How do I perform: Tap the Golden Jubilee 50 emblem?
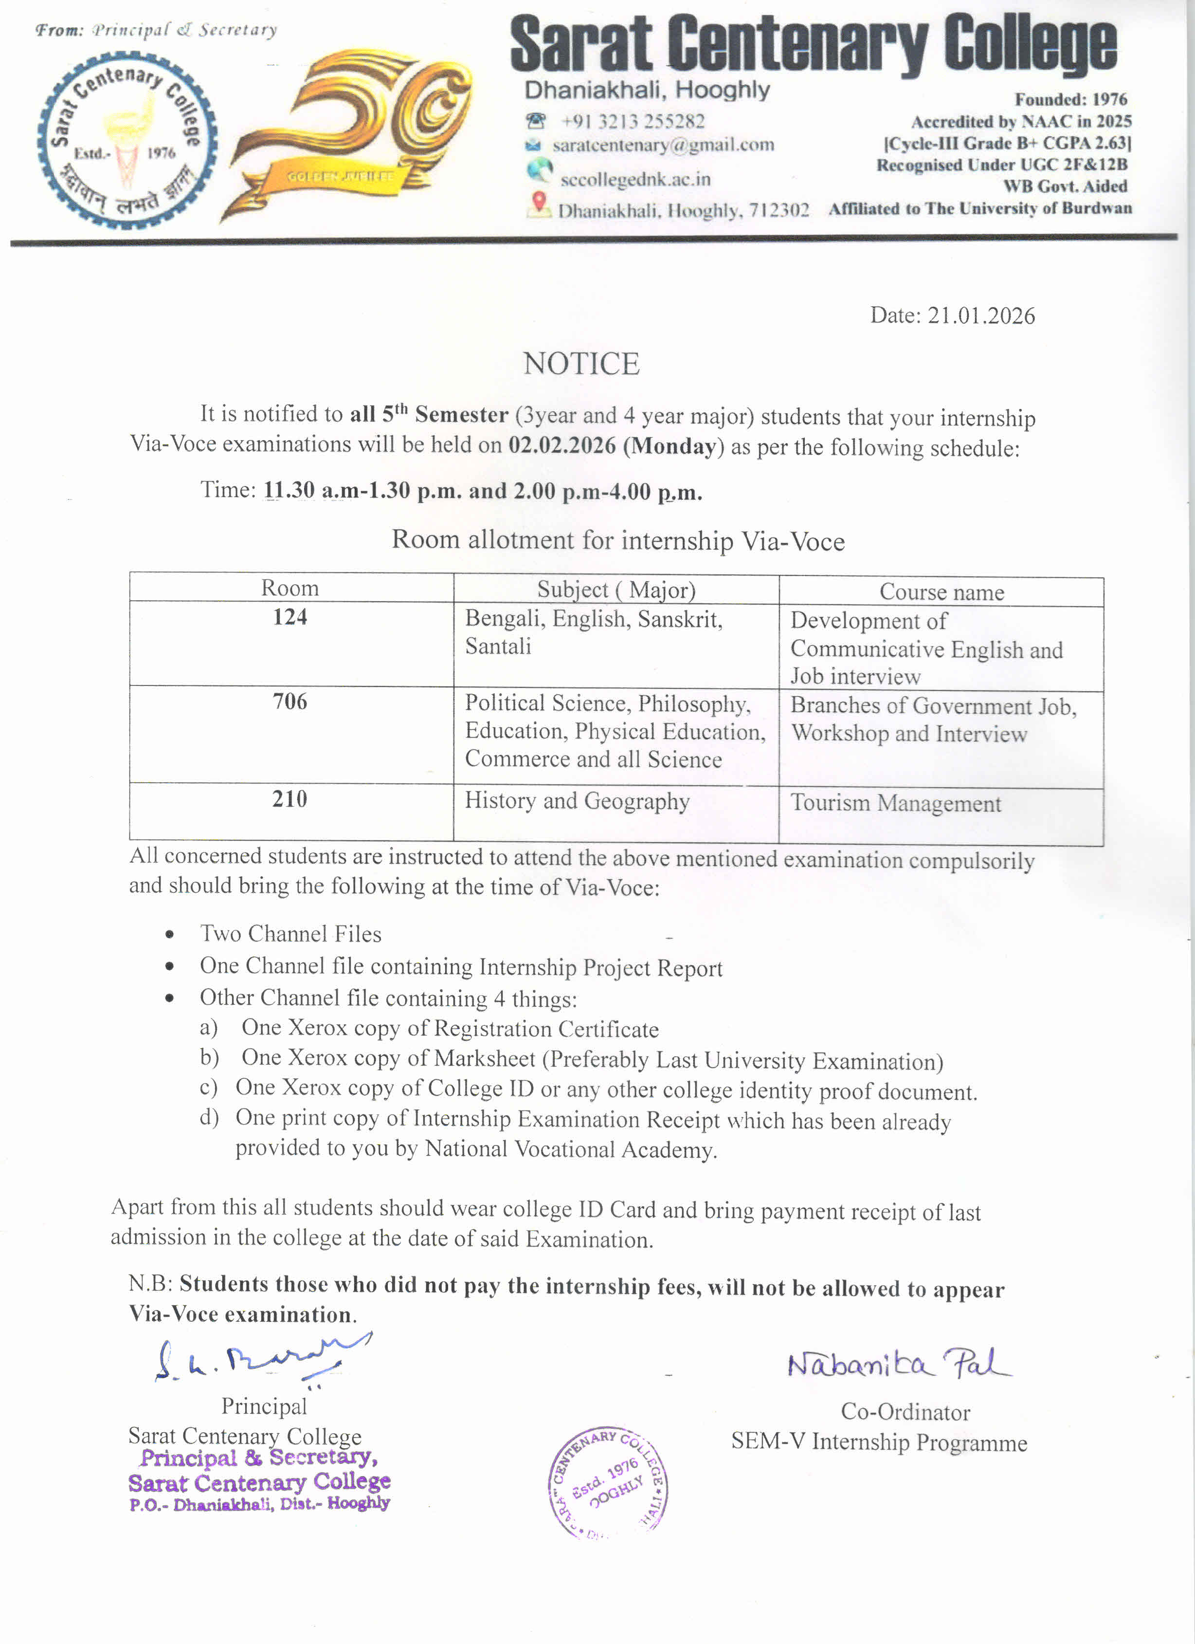coord(348,134)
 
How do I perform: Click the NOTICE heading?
coord(581,364)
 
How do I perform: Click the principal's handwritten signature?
coord(261,1359)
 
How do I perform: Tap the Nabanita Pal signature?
coord(899,1365)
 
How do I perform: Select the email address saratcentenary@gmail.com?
coord(663,145)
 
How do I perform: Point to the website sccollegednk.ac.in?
coord(635,179)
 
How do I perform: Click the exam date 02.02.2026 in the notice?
coord(561,444)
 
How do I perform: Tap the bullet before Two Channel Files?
coord(170,934)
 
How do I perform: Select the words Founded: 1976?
coord(1070,99)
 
